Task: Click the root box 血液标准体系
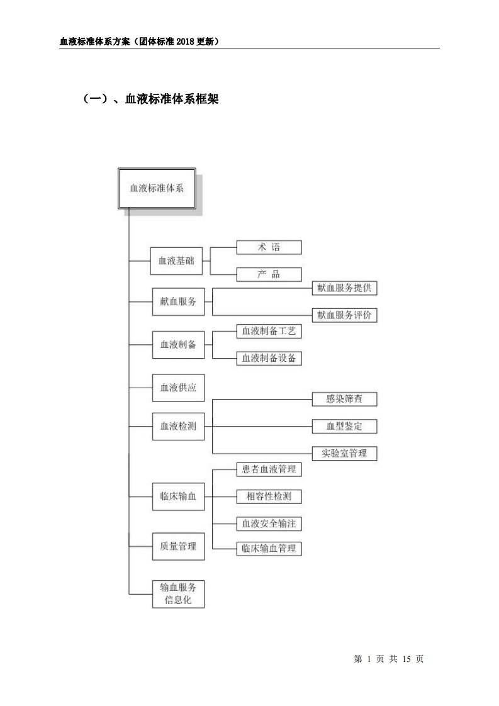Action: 157,188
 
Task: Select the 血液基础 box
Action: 176,261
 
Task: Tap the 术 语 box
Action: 269,247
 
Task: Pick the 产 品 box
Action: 269,274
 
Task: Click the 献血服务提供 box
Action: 344,288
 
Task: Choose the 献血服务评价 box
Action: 344,315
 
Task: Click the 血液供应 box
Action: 178,388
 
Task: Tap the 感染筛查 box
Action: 344,399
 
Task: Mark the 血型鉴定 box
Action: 344,426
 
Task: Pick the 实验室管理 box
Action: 344,453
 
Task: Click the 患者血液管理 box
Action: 269,469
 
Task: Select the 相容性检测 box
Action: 269,496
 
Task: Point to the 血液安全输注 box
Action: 269,523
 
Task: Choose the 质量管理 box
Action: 178,546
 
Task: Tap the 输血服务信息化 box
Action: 178,593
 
